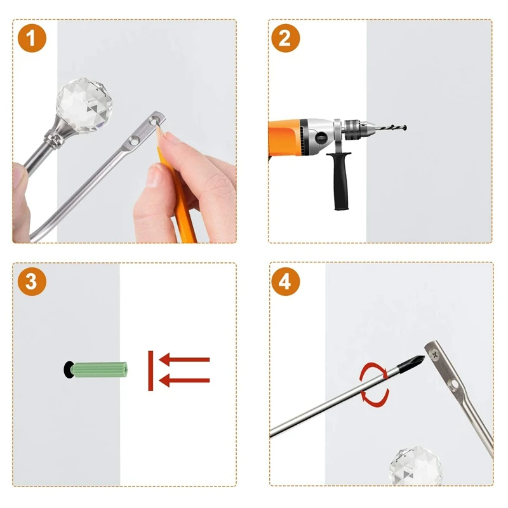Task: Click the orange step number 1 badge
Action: coord(32,38)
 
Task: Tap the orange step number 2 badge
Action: coord(285,38)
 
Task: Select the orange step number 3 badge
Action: coord(32,281)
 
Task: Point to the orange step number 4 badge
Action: coord(285,281)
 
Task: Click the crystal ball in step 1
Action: coord(84,105)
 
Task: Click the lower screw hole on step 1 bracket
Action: coord(133,141)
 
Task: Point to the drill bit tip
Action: coord(405,128)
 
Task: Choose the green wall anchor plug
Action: coord(100,370)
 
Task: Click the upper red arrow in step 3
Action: coord(184,359)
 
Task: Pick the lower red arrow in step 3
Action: coord(184,380)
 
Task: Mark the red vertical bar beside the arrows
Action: coord(150,371)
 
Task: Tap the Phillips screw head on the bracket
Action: coord(434,354)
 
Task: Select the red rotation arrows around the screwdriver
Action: coord(375,385)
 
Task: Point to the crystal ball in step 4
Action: coord(416,466)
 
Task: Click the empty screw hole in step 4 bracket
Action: coord(454,385)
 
